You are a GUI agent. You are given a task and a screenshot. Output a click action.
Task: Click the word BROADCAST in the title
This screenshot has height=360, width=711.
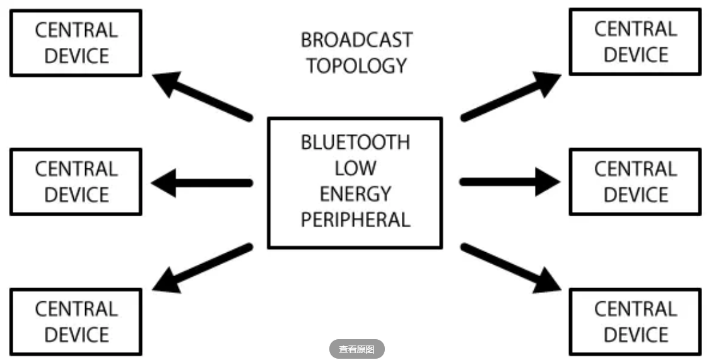(356, 40)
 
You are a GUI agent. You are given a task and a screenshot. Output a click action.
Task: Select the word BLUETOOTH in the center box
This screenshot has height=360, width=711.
(355, 142)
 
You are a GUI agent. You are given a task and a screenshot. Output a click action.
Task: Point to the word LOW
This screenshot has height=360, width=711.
(355, 168)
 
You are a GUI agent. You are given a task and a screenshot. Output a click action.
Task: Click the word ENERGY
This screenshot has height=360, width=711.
(355, 194)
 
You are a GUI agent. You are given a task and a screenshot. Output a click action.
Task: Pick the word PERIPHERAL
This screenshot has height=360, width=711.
(355, 219)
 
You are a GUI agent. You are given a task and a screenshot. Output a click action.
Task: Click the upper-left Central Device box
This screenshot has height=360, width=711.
(76, 43)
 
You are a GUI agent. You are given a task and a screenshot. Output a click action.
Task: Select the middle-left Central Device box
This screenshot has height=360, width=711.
(76, 182)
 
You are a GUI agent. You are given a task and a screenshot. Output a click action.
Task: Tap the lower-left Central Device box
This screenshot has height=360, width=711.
(76, 322)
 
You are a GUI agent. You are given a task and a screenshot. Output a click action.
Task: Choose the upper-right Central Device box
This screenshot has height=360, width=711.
(635, 42)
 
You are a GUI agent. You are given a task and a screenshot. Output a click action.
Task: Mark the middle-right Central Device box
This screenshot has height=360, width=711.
(635, 182)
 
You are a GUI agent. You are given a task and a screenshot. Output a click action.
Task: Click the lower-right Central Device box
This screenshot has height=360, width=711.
(635, 322)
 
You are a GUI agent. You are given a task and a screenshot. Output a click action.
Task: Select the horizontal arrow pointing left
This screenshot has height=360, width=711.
(202, 183)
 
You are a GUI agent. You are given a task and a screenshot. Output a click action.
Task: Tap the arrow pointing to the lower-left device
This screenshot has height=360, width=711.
(202, 269)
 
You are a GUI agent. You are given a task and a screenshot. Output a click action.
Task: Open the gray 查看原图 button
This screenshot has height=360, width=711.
(356, 349)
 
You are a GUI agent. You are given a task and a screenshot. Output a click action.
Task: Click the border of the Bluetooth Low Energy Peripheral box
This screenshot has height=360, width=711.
(269, 183)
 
